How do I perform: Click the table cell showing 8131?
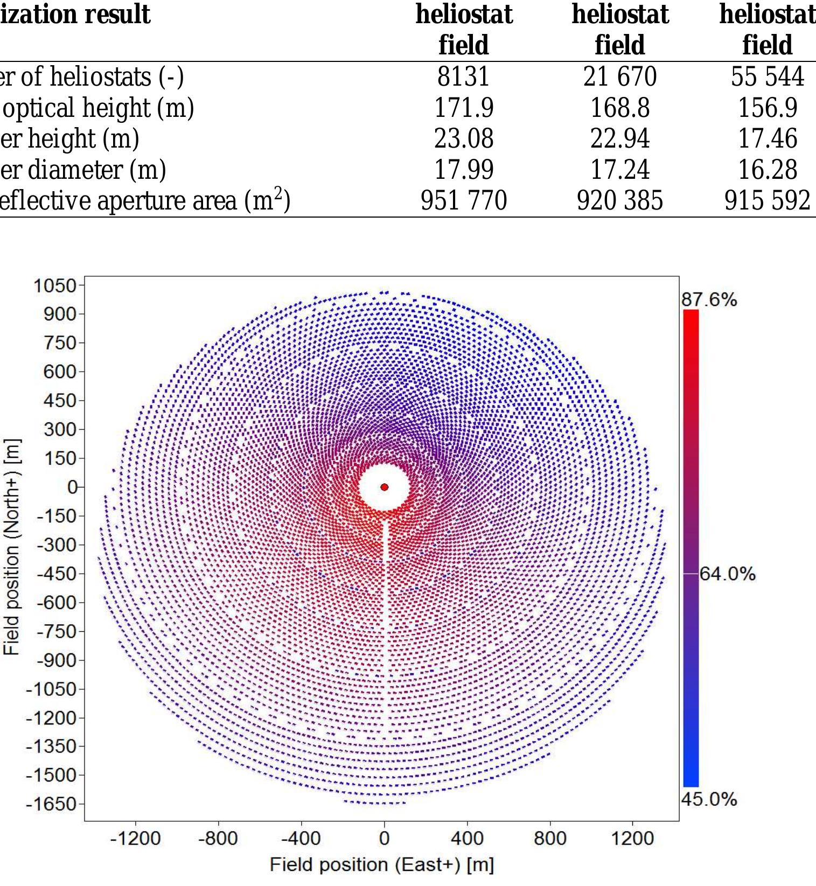[463, 76]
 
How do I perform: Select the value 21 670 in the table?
[619, 76]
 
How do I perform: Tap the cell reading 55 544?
[767, 76]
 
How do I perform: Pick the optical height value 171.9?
[463, 108]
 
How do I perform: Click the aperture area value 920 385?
[619, 201]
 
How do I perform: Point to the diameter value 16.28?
[767, 170]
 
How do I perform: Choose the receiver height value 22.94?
[619, 139]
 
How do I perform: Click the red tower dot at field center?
[384, 487]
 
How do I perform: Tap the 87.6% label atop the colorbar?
[709, 299]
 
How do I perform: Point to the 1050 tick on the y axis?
[55, 285]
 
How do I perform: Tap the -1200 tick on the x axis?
[135, 839]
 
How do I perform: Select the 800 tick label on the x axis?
[550, 839]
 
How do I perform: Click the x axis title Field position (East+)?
[382, 865]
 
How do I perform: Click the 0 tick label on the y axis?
[72, 487]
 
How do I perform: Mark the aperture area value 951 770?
[463, 201]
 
